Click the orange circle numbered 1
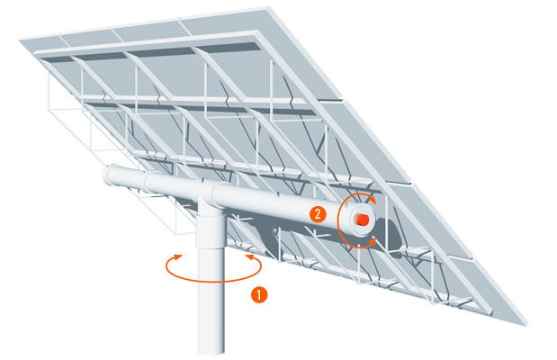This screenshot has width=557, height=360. click(x=259, y=295)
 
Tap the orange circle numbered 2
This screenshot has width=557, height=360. click(x=318, y=214)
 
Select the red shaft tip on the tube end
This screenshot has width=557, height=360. click(x=362, y=220)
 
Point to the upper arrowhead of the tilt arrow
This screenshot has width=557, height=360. click(x=373, y=200)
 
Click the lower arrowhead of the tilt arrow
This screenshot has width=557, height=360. click(x=373, y=241)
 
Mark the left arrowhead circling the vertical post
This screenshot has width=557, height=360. click(x=177, y=256)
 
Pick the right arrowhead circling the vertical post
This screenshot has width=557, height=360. click(x=250, y=256)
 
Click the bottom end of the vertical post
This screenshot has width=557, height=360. click(x=211, y=352)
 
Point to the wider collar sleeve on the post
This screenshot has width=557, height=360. click(x=211, y=229)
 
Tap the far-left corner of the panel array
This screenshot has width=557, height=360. click(x=20, y=40)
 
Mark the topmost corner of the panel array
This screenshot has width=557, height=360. click(x=268, y=7)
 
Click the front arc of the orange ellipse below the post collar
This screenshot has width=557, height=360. click(x=214, y=280)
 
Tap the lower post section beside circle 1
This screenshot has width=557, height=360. click(x=211, y=299)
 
